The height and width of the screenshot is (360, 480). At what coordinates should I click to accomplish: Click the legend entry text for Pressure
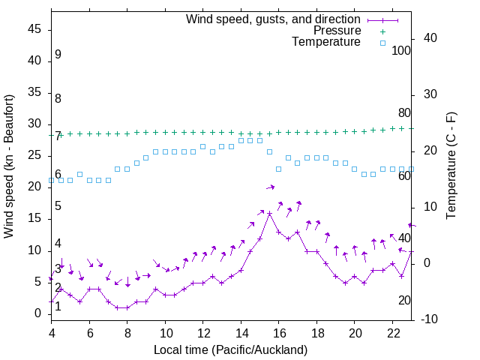tap(337, 31)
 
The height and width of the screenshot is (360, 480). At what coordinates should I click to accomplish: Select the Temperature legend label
tap(326, 42)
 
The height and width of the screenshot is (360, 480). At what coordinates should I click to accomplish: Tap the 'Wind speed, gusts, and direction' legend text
tap(274, 19)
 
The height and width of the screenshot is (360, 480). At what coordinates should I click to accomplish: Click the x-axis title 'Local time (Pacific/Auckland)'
tap(230, 349)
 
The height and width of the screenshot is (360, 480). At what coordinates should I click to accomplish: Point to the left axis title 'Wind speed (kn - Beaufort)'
tap(9, 166)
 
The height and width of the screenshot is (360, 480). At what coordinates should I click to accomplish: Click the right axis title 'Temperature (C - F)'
tap(451, 166)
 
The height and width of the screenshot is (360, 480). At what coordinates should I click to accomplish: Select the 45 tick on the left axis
tap(35, 30)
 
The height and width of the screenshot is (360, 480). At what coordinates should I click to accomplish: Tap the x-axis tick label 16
tap(279, 332)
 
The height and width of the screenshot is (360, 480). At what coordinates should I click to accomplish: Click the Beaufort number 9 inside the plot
tap(58, 55)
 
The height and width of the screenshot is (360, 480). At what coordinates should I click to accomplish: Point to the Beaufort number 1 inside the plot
tap(58, 306)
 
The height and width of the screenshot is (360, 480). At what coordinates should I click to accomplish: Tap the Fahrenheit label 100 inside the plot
tap(402, 50)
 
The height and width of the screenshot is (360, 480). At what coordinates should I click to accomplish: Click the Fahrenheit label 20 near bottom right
tap(404, 300)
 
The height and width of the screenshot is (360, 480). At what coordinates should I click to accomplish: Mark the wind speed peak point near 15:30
tap(269, 214)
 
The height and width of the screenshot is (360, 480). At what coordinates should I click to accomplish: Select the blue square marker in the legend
tap(382, 43)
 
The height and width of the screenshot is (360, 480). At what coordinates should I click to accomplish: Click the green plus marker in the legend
tap(382, 31)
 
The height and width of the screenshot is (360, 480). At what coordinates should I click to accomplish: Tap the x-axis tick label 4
tap(52, 332)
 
